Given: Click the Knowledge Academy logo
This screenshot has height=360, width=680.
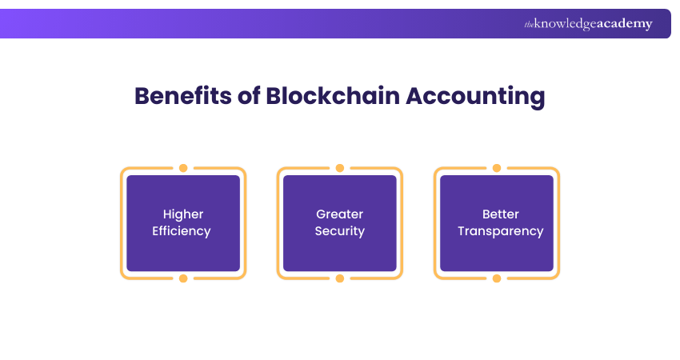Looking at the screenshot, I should [588, 24].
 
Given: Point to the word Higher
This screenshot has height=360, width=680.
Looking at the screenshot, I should [183, 214].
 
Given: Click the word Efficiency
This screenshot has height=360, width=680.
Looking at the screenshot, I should [183, 231].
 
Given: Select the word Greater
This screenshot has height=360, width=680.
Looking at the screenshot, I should [339, 214].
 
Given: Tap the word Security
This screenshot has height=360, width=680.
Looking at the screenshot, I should [339, 231].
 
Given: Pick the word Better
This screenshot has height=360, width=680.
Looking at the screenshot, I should [500, 214].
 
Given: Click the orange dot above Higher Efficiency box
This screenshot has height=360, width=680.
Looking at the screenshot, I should [183, 168].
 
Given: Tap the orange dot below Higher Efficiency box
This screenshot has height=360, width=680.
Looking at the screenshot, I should [183, 278].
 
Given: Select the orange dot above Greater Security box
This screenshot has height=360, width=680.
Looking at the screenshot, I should [340, 168].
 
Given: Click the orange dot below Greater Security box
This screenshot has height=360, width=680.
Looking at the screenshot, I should [340, 278].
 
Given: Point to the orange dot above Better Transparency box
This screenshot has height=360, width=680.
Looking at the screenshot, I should [497, 168].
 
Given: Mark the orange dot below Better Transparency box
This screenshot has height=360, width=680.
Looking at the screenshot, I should [497, 278].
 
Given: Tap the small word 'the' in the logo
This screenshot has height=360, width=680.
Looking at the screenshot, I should [529, 25].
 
